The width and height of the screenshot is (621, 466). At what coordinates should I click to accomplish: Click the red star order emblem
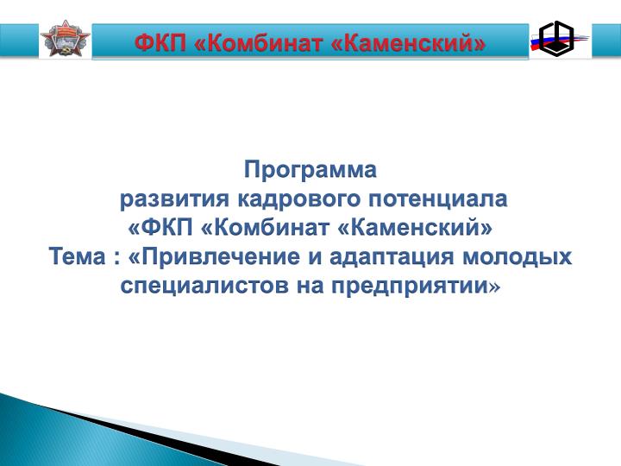[x=66, y=39]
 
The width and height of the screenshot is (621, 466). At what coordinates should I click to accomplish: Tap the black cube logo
[x=556, y=39]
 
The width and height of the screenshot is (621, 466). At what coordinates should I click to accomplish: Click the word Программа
[x=310, y=170]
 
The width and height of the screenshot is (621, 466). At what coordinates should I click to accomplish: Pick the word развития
[x=174, y=199]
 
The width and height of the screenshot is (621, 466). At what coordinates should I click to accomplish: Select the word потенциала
[x=437, y=199]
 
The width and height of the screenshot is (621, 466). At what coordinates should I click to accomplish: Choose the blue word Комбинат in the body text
[x=266, y=228]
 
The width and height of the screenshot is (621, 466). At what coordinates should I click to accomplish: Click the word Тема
[x=78, y=256]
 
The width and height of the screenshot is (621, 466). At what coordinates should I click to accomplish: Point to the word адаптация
[x=392, y=256]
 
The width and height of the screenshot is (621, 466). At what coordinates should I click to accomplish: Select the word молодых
[x=517, y=256]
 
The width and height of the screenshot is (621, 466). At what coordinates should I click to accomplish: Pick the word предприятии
[x=410, y=286]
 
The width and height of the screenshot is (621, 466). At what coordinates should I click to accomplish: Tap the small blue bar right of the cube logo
[x=606, y=40]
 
